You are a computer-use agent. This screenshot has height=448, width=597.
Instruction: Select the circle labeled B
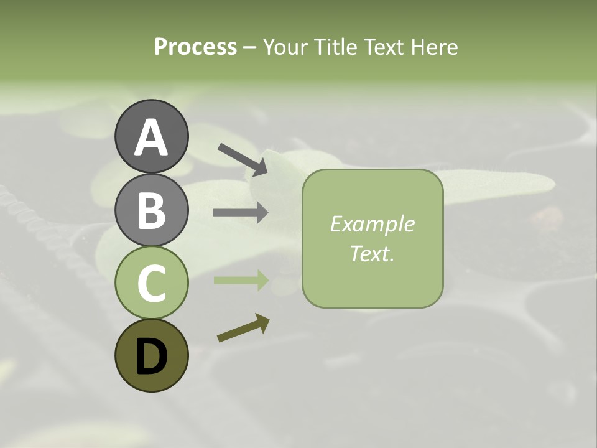coord(151,210)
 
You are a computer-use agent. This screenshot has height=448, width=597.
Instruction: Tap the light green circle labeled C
coord(151,282)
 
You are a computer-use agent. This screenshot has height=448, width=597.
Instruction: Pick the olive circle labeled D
coord(151,355)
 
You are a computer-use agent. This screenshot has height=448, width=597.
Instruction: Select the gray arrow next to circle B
coord(241,213)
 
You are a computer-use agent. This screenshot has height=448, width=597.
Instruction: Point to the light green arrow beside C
coord(241,281)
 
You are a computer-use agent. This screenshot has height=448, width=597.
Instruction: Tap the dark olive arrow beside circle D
coord(243,329)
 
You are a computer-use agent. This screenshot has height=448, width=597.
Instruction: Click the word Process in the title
coord(195,47)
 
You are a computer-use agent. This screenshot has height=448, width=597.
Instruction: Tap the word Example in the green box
coord(372,224)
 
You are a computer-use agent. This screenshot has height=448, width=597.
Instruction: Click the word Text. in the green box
coord(372,253)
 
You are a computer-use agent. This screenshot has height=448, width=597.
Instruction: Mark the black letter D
coord(151,357)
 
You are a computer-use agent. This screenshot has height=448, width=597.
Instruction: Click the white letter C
coord(151,284)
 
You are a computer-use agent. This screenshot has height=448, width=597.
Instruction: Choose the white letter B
coord(151,210)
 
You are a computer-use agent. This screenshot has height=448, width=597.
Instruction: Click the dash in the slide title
coord(250,47)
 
